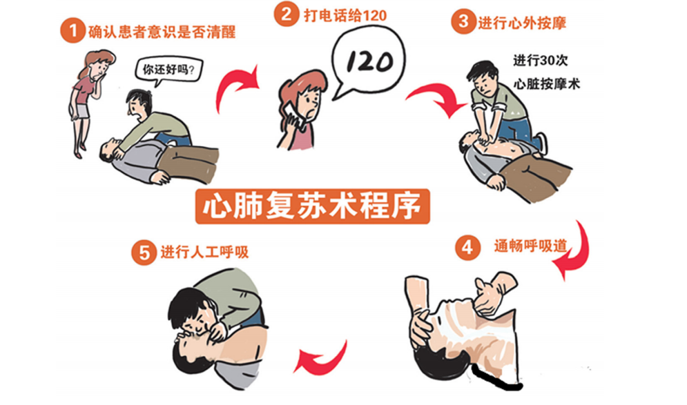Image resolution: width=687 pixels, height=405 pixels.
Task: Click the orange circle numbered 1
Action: tap(72, 30)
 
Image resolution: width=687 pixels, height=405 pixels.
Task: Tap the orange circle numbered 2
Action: tap(287, 14)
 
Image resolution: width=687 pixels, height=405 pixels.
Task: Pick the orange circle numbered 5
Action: tap(144, 253)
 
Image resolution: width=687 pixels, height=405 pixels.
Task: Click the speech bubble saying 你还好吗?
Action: tap(168, 70)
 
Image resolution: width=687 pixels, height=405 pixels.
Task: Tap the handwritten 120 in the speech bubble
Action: tap(370, 61)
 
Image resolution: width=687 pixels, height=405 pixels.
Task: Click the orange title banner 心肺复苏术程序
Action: tap(312, 206)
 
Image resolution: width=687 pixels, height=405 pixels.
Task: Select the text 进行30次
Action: tap(541, 60)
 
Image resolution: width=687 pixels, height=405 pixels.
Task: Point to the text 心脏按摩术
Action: tap(547, 83)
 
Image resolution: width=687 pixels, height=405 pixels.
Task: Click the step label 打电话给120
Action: tap(345, 16)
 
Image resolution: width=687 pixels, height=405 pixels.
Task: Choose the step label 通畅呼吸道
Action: tap(530, 246)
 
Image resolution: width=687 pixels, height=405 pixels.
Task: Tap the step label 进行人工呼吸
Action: tap(204, 252)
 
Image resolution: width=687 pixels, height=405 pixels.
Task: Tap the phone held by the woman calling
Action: tap(293, 115)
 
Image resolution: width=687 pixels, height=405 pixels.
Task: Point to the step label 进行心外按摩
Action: tap(522, 23)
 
